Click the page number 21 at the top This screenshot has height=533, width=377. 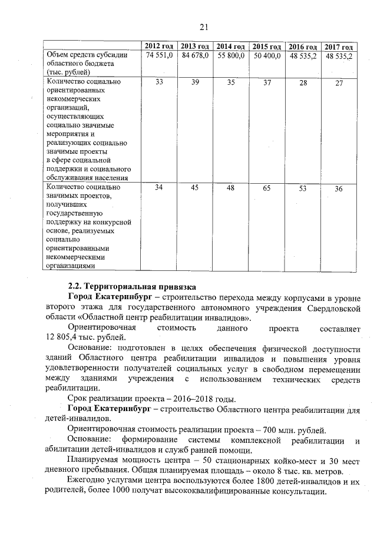point(204,27)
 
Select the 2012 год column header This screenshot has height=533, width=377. point(158,47)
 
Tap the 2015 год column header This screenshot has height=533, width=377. point(267,47)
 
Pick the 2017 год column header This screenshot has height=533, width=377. point(339,47)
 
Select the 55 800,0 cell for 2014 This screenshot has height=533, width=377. point(231,55)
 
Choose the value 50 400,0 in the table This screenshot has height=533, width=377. point(267,55)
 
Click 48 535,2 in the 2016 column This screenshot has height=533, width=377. point(303,55)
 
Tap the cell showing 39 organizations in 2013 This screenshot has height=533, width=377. point(195,82)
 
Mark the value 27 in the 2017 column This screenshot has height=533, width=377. point(339,83)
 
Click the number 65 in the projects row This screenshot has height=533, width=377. point(267,188)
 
